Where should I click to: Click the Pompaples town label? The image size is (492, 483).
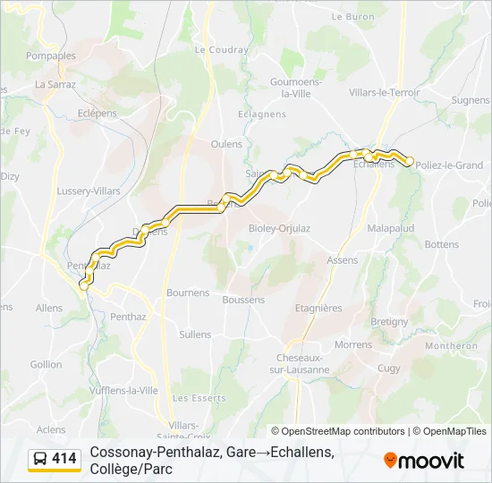pos(51,55)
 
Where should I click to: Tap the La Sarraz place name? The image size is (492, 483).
pos(55,84)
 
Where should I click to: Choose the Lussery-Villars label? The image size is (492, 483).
pos(89,191)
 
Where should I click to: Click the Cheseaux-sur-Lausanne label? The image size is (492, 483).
pos(297,363)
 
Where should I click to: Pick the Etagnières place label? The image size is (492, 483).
pos(318,308)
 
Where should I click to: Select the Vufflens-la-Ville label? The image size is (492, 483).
pos(123,391)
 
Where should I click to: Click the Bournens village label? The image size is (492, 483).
pos(188,292)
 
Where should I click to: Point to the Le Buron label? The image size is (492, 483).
pos(352,16)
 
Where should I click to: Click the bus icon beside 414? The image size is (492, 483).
pos(40,460)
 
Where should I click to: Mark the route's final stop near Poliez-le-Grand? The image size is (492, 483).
pos(410,161)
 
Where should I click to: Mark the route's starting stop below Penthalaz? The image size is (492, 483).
pos(84,285)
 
